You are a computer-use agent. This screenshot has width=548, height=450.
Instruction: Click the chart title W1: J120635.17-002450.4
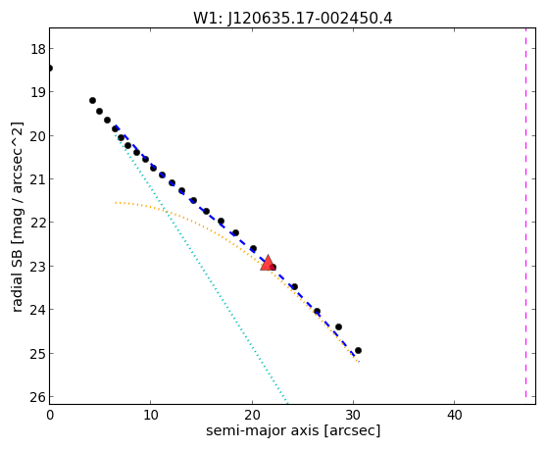(293, 18)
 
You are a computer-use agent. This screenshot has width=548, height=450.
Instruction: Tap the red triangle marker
(268, 263)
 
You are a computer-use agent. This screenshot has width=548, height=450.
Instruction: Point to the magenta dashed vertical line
(525, 214)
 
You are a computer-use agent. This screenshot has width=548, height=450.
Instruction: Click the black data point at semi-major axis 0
(50, 68)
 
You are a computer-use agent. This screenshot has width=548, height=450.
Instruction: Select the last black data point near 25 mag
(358, 350)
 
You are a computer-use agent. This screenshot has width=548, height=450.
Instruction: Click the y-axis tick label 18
(38, 49)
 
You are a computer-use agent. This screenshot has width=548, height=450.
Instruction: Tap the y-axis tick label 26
(38, 397)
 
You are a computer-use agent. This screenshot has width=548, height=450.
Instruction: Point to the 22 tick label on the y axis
(38, 223)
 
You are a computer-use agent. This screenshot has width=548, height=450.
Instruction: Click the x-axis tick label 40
(454, 415)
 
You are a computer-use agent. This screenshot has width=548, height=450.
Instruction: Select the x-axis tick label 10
(150, 415)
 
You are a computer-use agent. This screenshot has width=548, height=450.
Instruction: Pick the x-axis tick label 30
(353, 415)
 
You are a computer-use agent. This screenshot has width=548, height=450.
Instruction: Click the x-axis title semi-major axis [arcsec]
(293, 430)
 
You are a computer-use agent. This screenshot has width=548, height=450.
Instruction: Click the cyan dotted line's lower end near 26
(287, 404)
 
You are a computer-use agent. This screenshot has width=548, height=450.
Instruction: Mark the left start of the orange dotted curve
(116, 202)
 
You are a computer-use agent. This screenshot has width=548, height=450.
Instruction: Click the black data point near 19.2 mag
(92, 101)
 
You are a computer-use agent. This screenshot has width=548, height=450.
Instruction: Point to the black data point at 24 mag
(317, 311)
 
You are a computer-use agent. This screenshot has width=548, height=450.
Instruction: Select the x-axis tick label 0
(50, 415)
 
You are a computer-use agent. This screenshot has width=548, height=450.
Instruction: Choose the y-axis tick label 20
(38, 135)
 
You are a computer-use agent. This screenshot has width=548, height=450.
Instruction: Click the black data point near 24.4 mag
(338, 326)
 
